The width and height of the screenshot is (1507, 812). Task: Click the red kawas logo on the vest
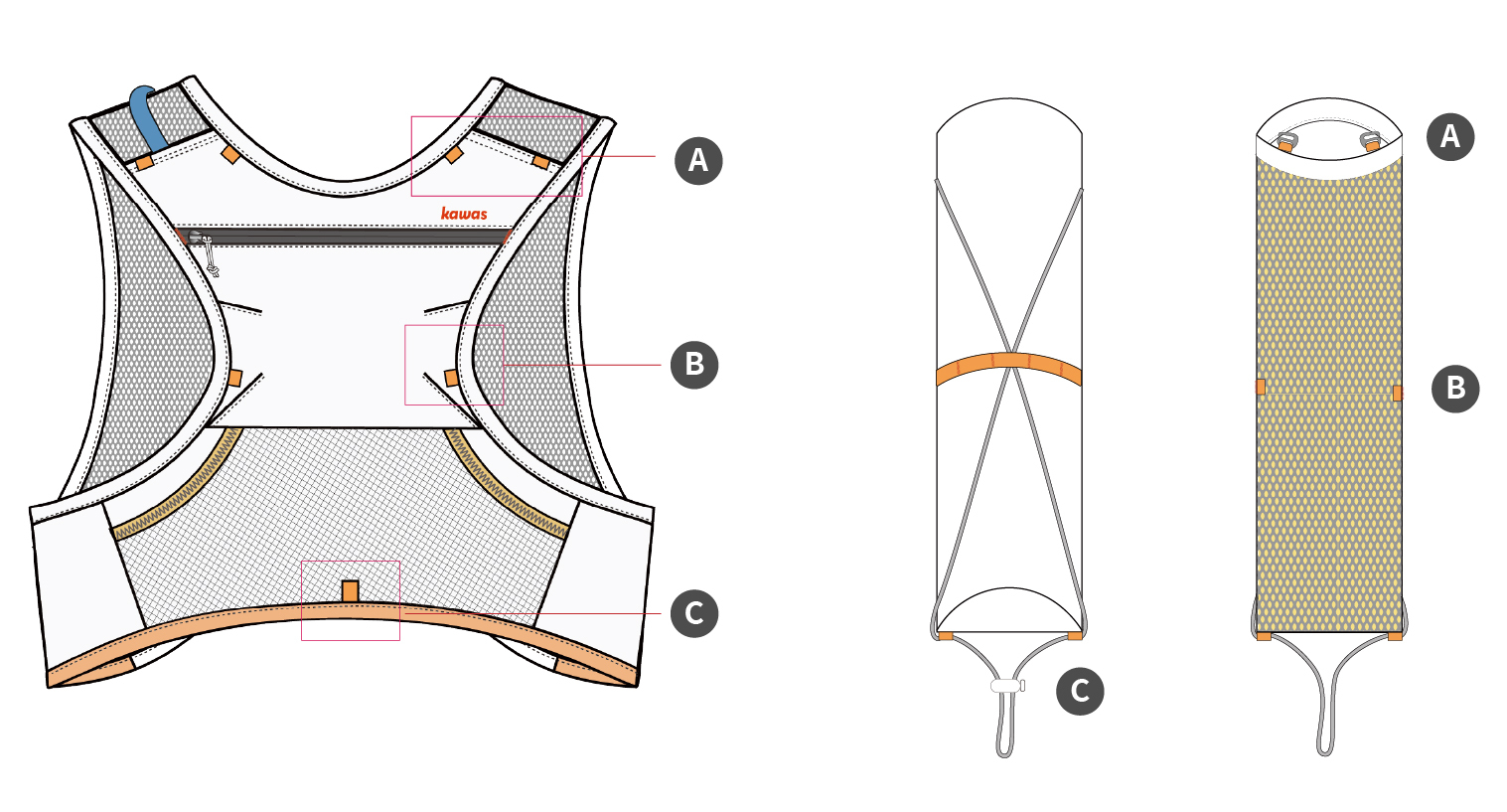pos(464,214)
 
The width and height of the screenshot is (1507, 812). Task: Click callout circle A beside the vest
pos(698,160)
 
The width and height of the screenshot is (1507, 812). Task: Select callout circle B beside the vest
pos(694,364)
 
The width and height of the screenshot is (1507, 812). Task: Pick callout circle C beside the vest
pos(694,613)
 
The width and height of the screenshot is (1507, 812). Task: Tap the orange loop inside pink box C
pos(350,591)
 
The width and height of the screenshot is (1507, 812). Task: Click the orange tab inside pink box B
pos(451,378)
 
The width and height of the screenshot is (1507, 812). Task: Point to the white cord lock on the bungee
pos(1006,686)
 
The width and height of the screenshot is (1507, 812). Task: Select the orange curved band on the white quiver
pos(1008,368)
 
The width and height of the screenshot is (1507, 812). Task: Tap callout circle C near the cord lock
pos(1080,691)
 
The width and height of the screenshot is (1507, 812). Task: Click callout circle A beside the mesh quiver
pos(1450,135)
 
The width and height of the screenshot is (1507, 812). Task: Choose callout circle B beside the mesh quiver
pos(1455,388)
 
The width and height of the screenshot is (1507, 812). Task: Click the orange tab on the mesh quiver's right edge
pos(1398,393)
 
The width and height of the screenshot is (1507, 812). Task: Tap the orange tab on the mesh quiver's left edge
pos(1261,387)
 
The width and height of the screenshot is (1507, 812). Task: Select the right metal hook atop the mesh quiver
pos(1372,142)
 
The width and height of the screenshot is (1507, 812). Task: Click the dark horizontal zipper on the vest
pos(348,238)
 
